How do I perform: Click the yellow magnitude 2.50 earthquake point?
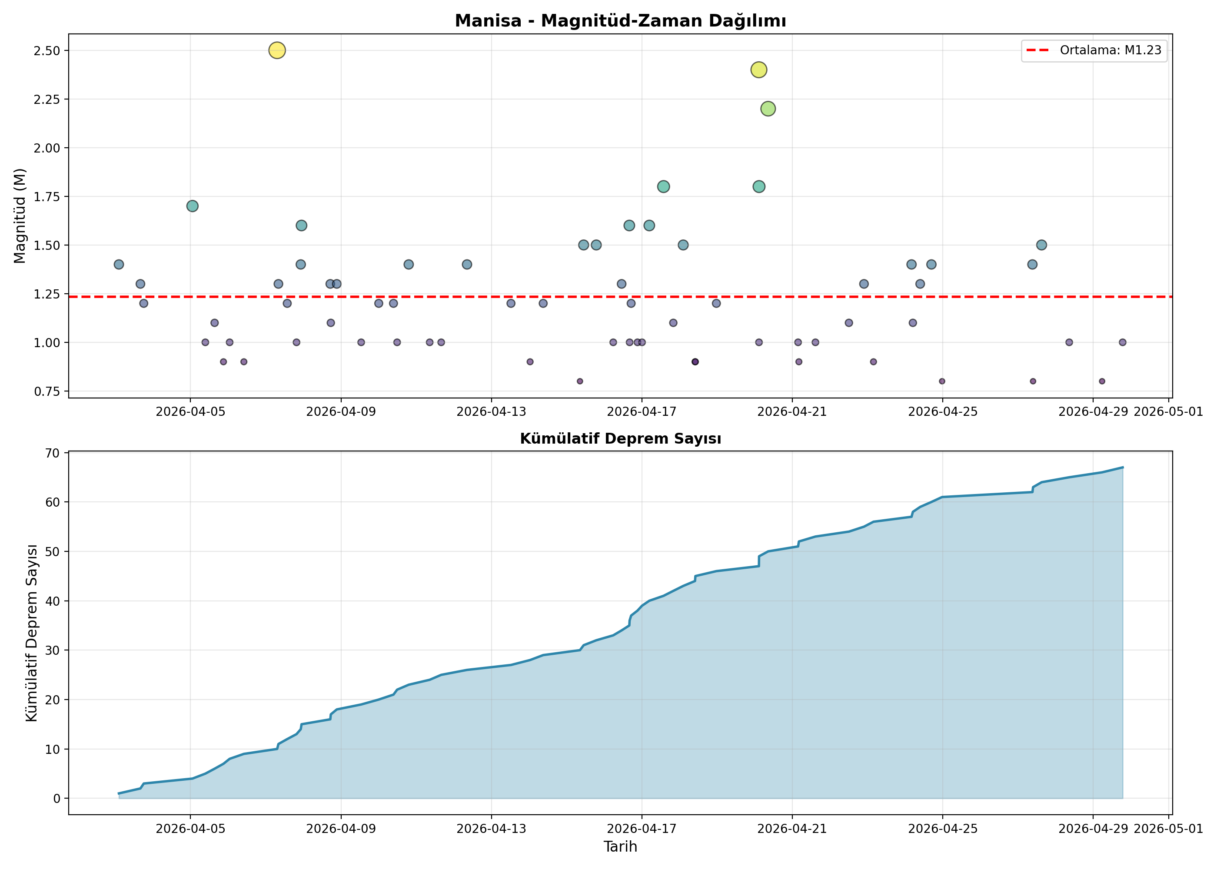point(277,50)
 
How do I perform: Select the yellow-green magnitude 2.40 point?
point(758,70)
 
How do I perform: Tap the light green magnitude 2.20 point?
point(768,109)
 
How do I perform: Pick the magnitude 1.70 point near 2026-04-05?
point(193,206)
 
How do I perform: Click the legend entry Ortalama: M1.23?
point(1094,50)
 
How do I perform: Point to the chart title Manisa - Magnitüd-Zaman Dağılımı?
point(620,21)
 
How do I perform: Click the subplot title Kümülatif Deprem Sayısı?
point(620,439)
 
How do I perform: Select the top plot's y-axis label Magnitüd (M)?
point(20,216)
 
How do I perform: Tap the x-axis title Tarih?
point(620,846)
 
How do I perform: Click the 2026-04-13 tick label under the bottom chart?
point(491,829)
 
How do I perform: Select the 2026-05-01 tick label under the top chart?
point(1168,411)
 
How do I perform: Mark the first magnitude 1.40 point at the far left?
point(119,264)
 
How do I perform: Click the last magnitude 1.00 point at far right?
point(1122,342)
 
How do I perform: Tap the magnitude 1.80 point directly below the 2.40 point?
point(758,187)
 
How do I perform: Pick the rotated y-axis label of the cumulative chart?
point(32,633)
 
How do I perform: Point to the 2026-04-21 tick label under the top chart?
point(792,411)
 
